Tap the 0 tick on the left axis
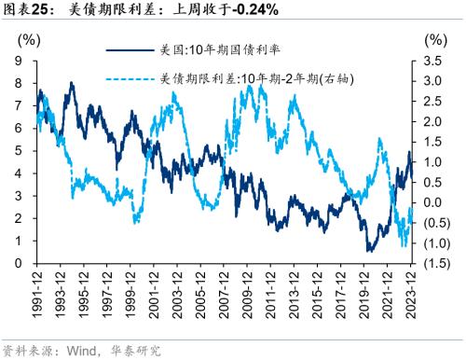click(19, 263)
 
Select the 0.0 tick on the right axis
click(433, 202)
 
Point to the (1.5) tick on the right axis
click(433, 263)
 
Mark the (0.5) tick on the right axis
click(433, 223)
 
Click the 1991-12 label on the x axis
click(37, 293)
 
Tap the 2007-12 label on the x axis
click(225, 293)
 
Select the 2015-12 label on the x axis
click(318, 293)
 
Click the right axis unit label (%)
click(434, 40)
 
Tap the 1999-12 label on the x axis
click(130, 293)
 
